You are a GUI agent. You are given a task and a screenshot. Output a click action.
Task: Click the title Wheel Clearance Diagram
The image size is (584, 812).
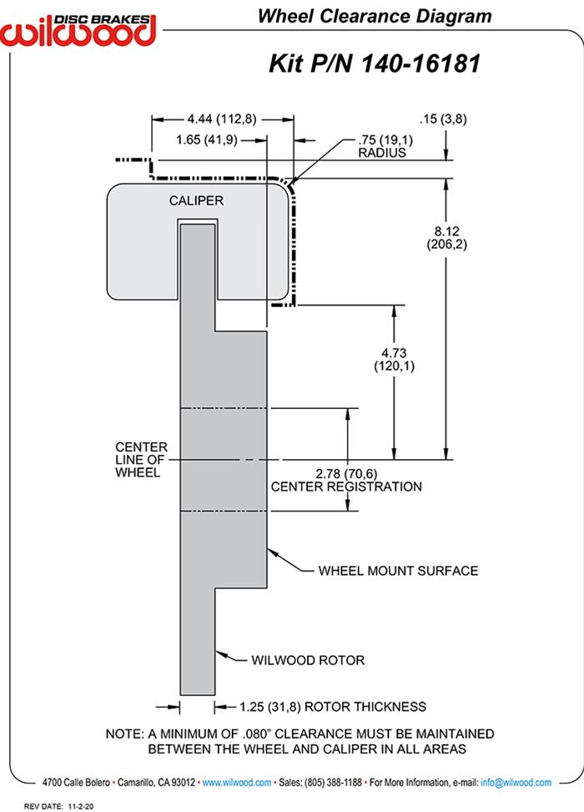pyautogui.click(x=374, y=16)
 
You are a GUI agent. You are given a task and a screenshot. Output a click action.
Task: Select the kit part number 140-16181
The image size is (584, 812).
pyautogui.click(x=375, y=63)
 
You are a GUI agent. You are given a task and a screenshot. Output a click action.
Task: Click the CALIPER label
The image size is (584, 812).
pyautogui.click(x=196, y=200)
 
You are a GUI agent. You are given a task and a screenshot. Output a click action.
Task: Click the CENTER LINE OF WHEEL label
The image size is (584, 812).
pyautogui.click(x=141, y=459)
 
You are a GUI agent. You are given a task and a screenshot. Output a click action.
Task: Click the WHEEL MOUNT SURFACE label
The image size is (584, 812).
pyautogui.click(x=398, y=571)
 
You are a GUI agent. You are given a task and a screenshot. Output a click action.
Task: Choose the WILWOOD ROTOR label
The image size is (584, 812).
pyautogui.click(x=308, y=660)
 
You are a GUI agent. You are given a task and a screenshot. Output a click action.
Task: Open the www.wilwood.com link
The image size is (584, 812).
pyautogui.click(x=237, y=783)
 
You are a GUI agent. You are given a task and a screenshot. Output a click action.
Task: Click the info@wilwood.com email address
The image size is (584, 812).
pyautogui.click(x=517, y=783)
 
